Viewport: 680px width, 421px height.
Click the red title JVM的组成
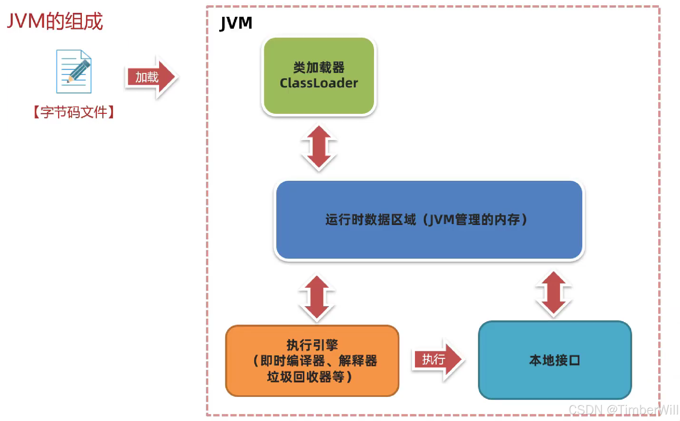(55, 21)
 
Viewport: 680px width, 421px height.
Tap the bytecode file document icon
(74, 72)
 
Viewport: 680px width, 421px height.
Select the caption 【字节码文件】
(74, 112)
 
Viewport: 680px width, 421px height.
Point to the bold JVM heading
(236, 23)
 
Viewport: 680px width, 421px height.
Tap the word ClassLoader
(319, 83)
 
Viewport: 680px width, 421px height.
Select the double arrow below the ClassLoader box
(319, 148)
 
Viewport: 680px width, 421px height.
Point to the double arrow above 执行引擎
(317, 298)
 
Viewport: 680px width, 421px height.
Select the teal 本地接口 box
(555, 379)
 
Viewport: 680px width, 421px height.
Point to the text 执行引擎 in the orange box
(312, 345)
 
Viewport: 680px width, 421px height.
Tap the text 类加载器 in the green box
(319, 68)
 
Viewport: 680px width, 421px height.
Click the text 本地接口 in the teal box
(555, 360)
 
